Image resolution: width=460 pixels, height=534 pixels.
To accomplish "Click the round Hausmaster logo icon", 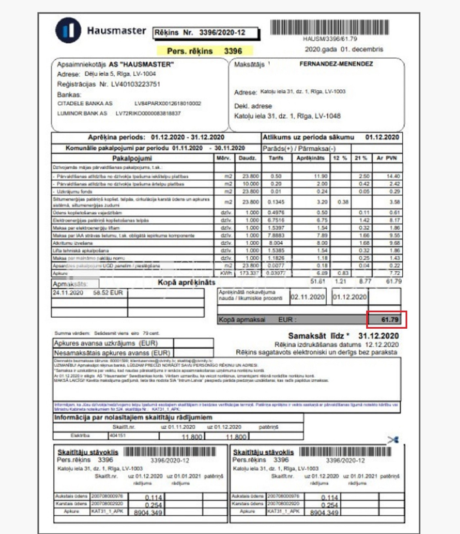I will [68, 30].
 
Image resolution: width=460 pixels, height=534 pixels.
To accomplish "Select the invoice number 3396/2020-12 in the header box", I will [222, 32].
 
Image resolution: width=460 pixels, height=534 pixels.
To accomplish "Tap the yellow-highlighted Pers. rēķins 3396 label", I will [205, 51].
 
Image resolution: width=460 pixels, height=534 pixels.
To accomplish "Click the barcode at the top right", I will [330, 27].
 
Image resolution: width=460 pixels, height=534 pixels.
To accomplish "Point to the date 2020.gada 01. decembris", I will [344, 49].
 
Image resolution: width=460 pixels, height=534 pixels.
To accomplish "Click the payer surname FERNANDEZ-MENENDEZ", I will [336, 64].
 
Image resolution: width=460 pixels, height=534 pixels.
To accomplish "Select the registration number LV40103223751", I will [135, 84].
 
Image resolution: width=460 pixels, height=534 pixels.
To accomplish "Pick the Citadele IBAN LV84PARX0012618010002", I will [168, 103].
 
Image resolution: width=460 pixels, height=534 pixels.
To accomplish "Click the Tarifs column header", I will [276, 158].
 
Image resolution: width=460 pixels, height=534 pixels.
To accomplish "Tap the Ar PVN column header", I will [387, 158].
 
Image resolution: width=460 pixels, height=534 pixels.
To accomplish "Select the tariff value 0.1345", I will [276, 202].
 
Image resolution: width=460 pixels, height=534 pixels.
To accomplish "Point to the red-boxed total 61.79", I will [390, 319].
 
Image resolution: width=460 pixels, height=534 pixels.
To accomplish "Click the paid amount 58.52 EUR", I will [108, 293].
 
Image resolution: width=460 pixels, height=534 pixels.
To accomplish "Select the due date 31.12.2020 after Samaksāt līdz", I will [378, 336].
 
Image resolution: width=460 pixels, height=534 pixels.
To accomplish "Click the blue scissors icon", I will [393, 440].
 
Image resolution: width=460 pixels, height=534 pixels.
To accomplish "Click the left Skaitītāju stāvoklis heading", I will [88, 452].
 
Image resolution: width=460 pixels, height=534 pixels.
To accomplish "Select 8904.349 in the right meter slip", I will [324, 512].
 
